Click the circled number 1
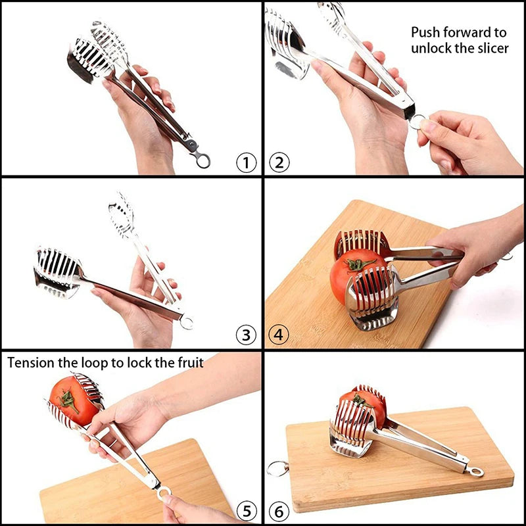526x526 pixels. pyautogui.click(x=246, y=162)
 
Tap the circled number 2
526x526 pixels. pyautogui.click(x=279, y=162)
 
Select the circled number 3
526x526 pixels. pyautogui.click(x=246, y=335)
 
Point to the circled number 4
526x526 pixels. pyautogui.click(x=279, y=335)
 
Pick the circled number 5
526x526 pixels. pyautogui.click(x=246, y=510)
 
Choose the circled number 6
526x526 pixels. pyautogui.click(x=279, y=510)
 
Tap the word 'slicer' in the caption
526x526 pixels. pyautogui.click(x=490, y=49)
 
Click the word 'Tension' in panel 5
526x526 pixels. pyautogui.click(x=30, y=362)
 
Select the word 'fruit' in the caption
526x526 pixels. pyautogui.click(x=187, y=362)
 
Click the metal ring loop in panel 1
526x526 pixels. pyautogui.click(x=203, y=160)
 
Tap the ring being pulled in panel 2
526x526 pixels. pyautogui.click(x=417, y=122)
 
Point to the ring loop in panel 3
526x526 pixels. pyautogui.click(x=187, y=322)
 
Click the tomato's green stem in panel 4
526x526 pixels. pyautogui.click(x=360, y=264)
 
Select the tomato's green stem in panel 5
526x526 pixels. pyautogui.click(x=68, y=400)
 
